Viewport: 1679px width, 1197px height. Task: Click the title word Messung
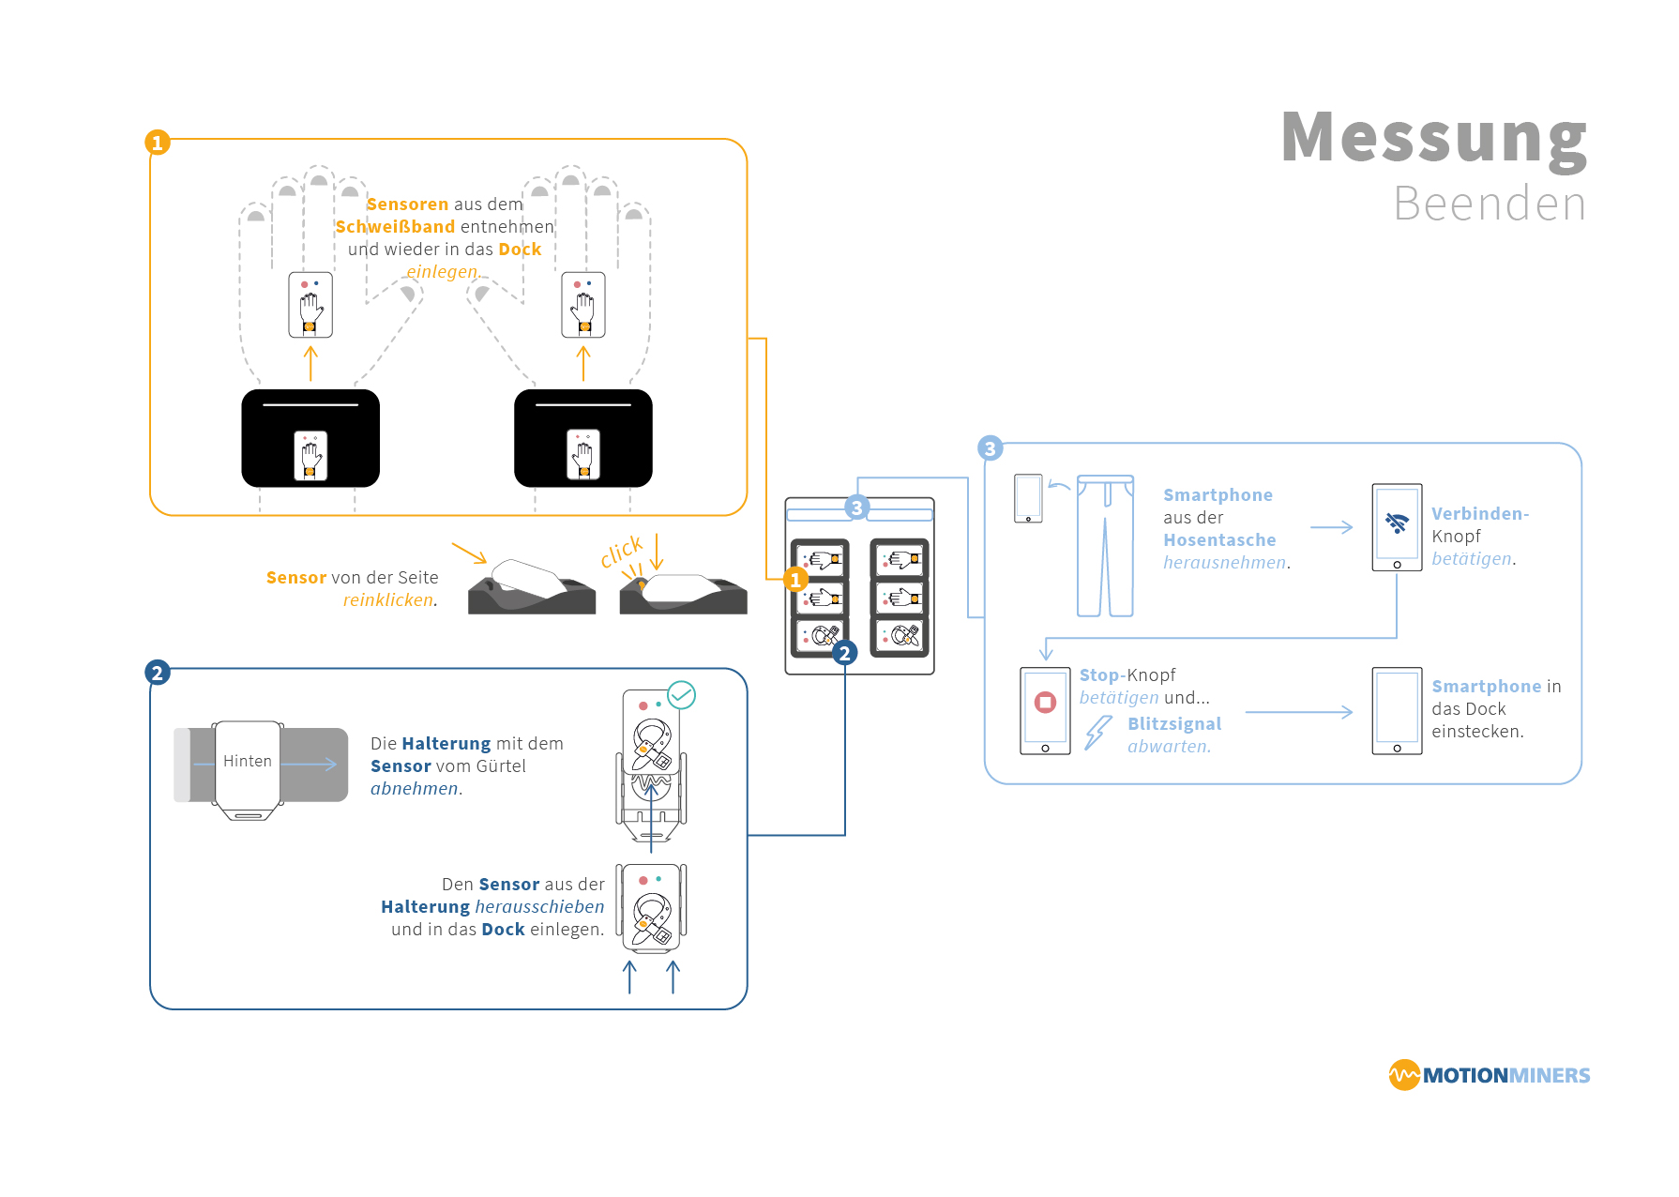[1433, 138]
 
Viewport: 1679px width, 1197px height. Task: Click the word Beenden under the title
[1490, 204]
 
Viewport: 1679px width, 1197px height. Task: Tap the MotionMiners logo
[1489, 1075]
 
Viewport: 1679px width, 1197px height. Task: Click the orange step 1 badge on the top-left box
[158, 143]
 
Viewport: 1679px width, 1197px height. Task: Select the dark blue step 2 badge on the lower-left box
[158, 673]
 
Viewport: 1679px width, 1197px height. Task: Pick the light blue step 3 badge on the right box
[990, 448]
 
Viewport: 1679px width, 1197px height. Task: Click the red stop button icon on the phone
[1045, 702]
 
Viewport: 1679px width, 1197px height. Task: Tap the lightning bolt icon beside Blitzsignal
[1097, 732]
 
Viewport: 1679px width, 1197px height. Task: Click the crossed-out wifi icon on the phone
[1397, 523]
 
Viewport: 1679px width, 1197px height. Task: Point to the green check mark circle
[682, 695]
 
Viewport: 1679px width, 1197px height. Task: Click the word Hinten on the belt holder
[248, 761]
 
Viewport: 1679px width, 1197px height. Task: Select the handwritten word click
[622, 552]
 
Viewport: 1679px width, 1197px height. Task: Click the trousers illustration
[1105, 546]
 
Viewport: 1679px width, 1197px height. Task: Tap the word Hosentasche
[1219, 540]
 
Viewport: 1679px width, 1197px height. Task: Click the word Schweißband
[395, 227]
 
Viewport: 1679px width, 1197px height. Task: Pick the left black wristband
[310, 438]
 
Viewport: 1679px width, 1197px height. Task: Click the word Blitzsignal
[1174, 724]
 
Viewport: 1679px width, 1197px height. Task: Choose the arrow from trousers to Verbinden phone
[1331, 527]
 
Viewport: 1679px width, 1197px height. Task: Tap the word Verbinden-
[1479, 514]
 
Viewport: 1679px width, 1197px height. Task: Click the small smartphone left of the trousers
[1028, 498]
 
